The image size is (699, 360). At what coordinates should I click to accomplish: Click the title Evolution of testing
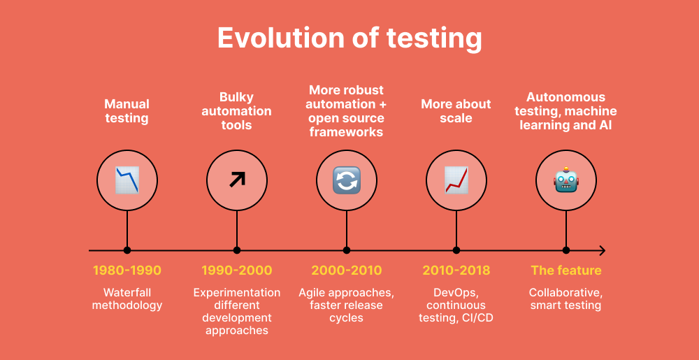tap(349, 38)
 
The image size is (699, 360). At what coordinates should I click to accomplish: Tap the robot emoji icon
tap(565, 180)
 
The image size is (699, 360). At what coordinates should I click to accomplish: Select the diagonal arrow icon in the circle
tap(237, 180)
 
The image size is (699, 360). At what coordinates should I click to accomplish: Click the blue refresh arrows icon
tap(346, 180)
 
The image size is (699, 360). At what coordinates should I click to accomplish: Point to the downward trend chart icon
tap(127, 180)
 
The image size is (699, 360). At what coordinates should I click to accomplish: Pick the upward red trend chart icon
tap(456, 180)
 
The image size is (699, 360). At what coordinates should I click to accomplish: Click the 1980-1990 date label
tap(127, 271)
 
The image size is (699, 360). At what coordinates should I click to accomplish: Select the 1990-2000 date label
tap(237, 271)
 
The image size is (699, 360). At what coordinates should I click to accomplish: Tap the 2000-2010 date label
tap(347, 271)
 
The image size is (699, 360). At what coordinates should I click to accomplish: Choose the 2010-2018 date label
tap(456, 271)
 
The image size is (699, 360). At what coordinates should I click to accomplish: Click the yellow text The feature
tap(565, 271)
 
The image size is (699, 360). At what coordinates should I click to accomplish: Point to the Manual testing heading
tap(127, 111)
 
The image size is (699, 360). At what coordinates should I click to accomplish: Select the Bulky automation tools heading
tap(237, 111)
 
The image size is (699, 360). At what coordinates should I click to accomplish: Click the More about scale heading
tap(456, 111)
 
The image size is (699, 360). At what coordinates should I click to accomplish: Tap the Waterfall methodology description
tap(127, 298)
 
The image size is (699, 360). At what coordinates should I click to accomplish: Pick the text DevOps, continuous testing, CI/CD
tap(456, 305)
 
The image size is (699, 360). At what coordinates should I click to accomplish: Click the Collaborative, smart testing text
tap(565, 298)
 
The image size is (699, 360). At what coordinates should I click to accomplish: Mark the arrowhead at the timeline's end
tap(603, 250)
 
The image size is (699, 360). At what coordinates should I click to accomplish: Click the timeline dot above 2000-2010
tap(346, 250)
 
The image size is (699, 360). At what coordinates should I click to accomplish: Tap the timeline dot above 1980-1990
tap(127, 250)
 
